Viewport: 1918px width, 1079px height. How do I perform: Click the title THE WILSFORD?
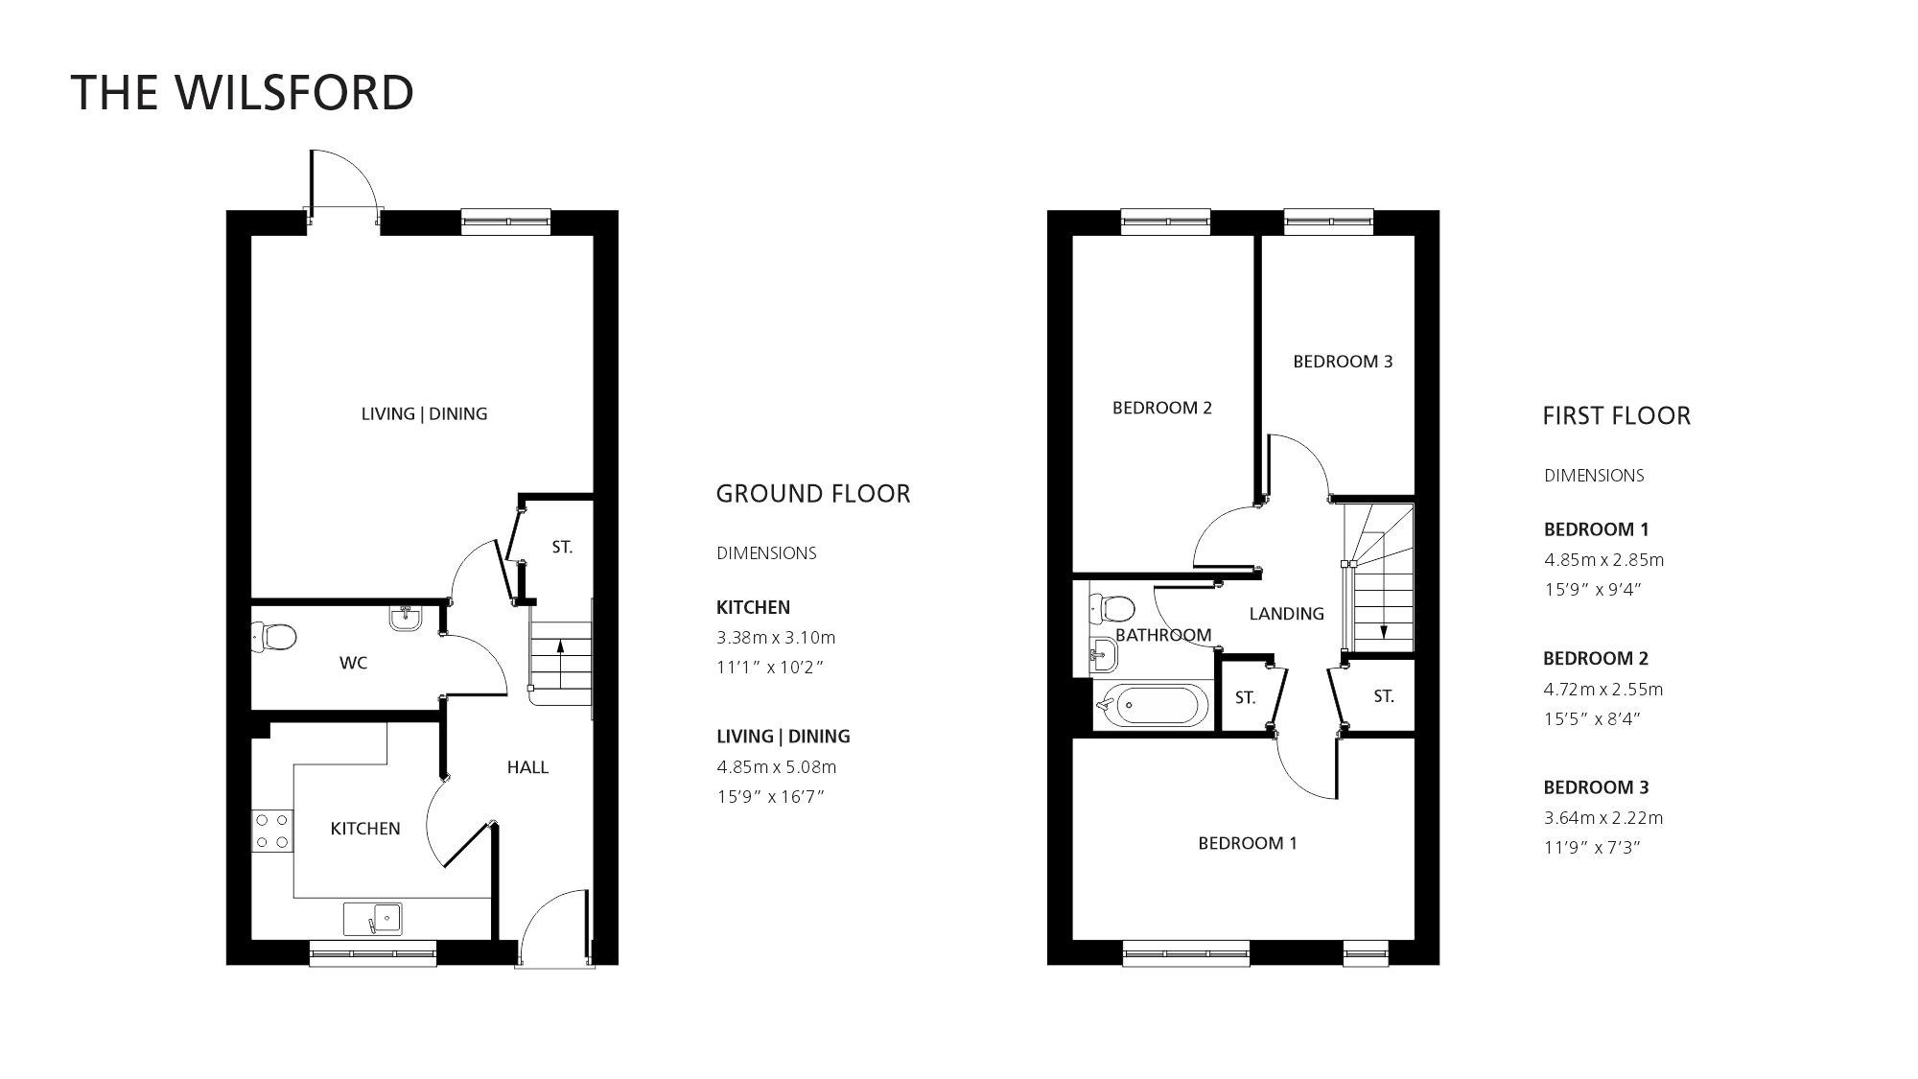(x=242, y=93)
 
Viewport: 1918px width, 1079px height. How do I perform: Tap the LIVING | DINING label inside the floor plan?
(x=424, y=414)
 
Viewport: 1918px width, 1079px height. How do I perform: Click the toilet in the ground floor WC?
(x=274, y=637)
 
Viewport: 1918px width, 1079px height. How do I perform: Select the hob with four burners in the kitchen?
(x=271, y=831)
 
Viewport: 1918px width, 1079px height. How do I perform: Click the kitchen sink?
(x=373, y=919)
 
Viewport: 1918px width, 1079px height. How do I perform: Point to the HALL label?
(x=527, y=767)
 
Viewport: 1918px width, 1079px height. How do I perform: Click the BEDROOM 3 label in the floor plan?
(x=1342, y=362)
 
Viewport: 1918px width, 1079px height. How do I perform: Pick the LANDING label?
(x=1286, y=614)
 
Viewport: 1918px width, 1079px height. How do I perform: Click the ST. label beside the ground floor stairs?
(x=562, y=548)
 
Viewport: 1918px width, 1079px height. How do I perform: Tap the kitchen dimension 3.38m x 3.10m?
(x=776, y=638)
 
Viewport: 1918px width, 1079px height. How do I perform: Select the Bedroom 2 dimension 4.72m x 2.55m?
(x=1602, y=690)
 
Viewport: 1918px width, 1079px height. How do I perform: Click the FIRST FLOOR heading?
(x=1616, y=416)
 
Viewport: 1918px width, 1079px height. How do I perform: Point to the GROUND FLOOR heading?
(x=813, y=494)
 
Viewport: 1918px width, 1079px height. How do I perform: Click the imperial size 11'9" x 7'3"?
(x=1593, y=848)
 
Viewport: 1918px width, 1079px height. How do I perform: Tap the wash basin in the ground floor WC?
(x=406, y=619)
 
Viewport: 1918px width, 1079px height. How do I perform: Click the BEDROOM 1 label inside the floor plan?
(x=1247, y=844)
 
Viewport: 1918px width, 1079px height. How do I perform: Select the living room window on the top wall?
(x=505, y=222)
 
